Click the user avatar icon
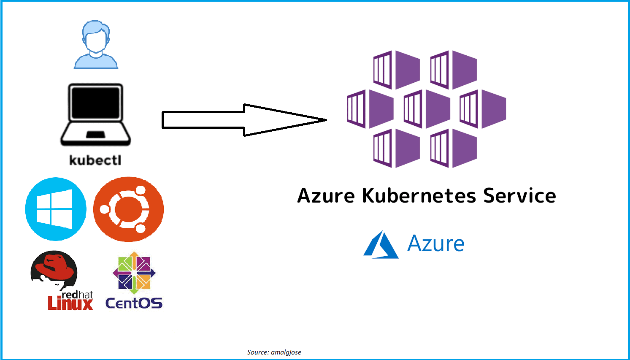96,44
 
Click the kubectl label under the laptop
95,160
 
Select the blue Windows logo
56,209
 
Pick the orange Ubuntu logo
128,209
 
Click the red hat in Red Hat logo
55,266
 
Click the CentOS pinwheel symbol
134,273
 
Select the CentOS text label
134,303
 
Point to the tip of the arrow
325,120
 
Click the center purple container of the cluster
427,109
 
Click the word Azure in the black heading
326,196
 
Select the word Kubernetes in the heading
419,196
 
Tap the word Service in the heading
519,196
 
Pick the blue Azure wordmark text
436,244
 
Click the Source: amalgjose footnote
274,352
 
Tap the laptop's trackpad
95,135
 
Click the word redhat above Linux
77,295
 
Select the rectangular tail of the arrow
203,120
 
